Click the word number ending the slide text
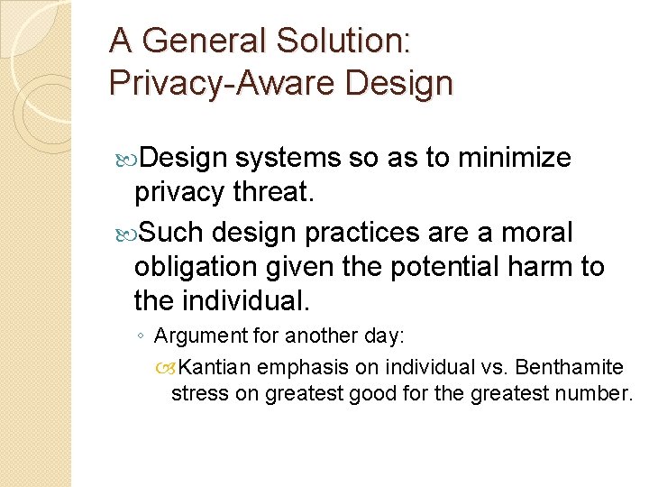pos(597,393)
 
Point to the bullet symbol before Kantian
pos(164,367)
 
